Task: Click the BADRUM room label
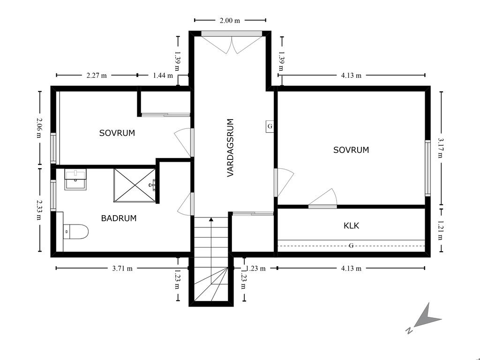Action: (119, 218)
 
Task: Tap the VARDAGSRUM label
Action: (230, 148)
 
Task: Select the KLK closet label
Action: (351, 226)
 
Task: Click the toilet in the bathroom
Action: (75, 232)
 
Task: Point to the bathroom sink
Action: (75, 179)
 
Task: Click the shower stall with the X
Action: (135, 185)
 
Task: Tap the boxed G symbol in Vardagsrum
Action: (270, 126)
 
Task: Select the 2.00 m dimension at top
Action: (230, 21)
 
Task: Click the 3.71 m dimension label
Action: (122, 269)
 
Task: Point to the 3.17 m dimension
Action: (441, 148)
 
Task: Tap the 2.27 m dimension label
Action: (97, 75)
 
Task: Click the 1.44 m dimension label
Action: (163, 75)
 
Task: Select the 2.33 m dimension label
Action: (39, 210)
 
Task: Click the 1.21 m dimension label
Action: (441, 230)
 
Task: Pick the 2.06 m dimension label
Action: (39, 127)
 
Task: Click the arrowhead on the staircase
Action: (211, 219)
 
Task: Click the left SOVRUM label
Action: (117, 133)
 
